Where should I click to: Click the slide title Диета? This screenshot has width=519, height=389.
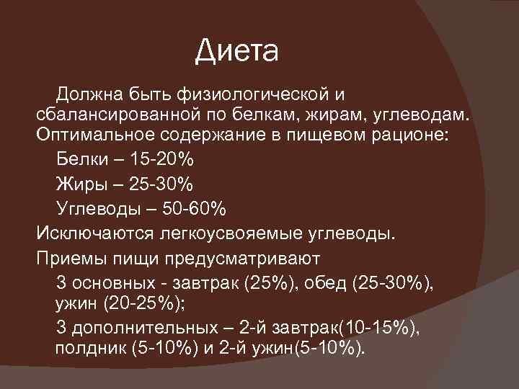coord(236,53)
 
